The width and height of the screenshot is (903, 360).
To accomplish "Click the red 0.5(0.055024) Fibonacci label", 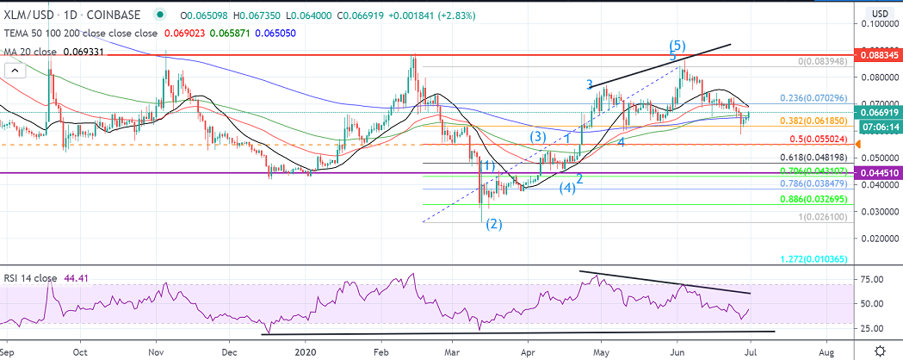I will [814, 138].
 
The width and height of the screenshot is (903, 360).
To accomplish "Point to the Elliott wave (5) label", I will [678, 44].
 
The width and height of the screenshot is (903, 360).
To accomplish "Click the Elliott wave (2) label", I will [492, 225].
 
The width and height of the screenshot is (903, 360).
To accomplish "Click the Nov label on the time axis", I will [157, 351].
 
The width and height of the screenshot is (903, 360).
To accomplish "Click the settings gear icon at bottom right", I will [880, 351].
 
